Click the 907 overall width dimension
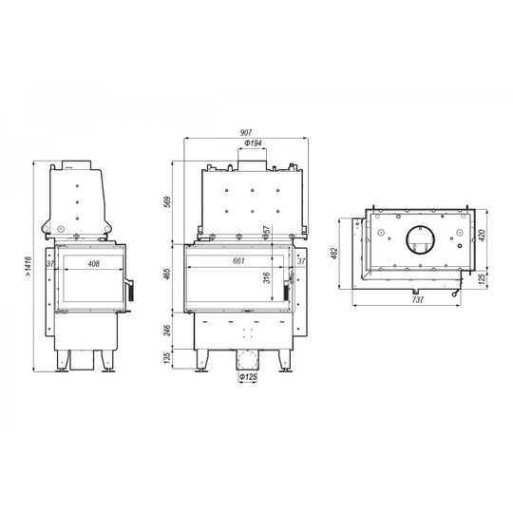tap(246, 133)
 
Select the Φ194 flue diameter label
tap(253, 142)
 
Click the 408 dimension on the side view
tap(93, 263)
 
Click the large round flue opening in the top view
tap(417, 240)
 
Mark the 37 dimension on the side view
tap(50, 265)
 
